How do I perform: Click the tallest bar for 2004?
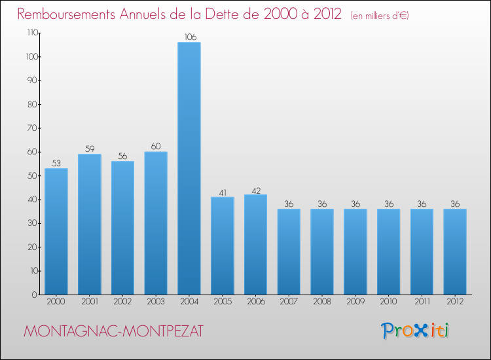tap(189, 168)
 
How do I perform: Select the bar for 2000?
tap(56, 231)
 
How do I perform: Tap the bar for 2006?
tap(255, 244)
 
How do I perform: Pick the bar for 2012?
tap(455, 251)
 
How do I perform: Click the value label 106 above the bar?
tap(189, 37)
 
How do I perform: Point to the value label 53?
tap(56, 164)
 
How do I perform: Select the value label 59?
tap(89, 149)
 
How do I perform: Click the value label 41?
tap(222, 192)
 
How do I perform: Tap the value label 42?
tap(255, 190)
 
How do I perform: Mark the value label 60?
tap(156, 147)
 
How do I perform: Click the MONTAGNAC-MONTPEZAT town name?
tap(113, 332)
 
